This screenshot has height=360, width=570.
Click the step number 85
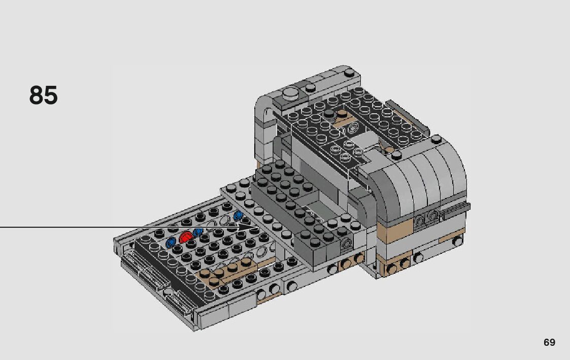pyautogui.click(x=43, y=95)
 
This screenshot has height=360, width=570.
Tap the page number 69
pyautogui.click(x=549, y=343)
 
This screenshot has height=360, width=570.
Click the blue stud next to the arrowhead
pyautogui.click(x=239, y=215)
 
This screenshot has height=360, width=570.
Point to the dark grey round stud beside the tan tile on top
pyautogui.click(x=330, y=114)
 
